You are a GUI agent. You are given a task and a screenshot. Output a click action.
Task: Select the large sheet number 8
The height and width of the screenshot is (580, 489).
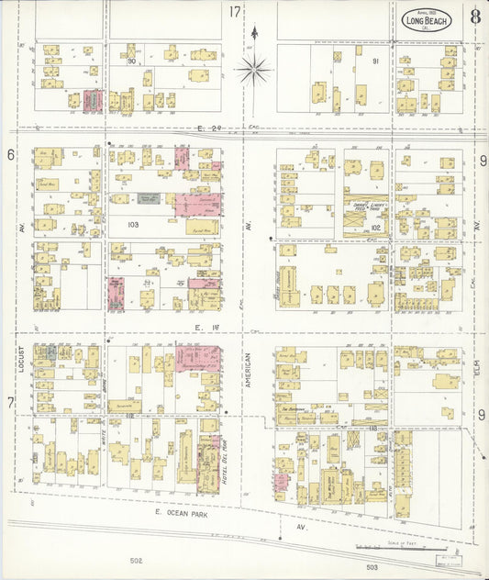pyautogui.click(x=474, y=17)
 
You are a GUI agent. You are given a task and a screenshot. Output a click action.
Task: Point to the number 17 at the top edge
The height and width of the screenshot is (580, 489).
pyautogui.click(x=235, y=12)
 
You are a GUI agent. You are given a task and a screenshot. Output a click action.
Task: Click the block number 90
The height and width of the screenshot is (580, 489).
pyautogui.click(x=132, y=61)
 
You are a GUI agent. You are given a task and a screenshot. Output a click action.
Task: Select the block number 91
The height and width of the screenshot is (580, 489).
pyautogui.click(x=374, y=61)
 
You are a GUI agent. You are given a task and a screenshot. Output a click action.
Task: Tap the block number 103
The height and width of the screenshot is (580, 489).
pyautogui.click(x=132, y=225)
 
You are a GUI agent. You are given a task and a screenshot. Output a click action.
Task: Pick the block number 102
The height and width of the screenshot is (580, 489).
pyautogui.click(x=374, y=226)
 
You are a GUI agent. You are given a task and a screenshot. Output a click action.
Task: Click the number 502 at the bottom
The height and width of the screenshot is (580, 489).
pyautogui.click(x=137, y=560)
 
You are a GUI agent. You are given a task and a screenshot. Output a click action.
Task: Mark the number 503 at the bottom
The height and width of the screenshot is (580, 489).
pyautogui.click(x=370, y=574)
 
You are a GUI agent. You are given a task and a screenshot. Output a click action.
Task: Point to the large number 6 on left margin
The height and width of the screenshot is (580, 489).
pyautogui.click(x=11, y=155)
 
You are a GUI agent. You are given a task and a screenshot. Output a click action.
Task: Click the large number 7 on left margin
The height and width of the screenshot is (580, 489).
pyautogui.click(x=11, y=402)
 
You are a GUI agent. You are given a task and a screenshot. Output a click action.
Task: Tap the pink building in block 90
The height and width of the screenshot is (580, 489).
pyautogui.click(x=93, y=101)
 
